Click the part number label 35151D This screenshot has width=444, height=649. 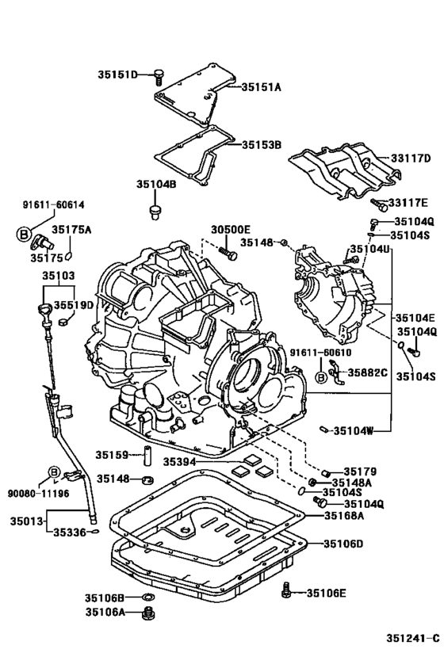[117, 74]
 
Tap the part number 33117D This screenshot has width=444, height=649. [410, 158]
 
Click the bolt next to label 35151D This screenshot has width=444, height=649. [159, 75]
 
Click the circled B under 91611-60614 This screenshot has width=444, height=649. [23, 234]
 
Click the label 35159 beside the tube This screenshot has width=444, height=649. [113, 455]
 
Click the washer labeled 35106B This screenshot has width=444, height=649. [147, 596]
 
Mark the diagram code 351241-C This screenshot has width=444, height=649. [412, 636]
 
